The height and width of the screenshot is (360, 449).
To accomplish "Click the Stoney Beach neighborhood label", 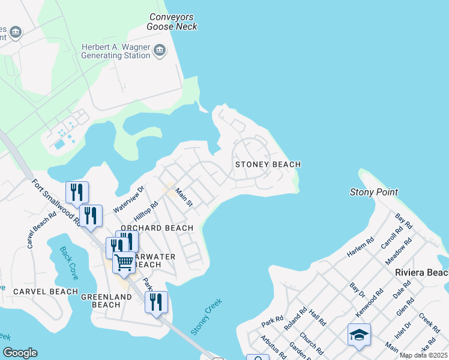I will coord(268,164).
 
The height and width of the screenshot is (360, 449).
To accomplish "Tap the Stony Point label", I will coord(374,192).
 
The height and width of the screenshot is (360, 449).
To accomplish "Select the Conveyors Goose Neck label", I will coord(172,22).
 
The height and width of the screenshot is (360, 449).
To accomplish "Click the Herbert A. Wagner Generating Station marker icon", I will coord(160,50).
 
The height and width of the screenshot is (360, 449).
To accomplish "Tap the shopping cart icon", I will coord(124,262).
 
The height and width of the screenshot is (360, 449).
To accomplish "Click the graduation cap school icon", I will coord(359,334).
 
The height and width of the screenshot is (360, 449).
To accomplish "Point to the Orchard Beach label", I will coord(157,228).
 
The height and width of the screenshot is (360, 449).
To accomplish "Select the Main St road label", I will coord(184,197).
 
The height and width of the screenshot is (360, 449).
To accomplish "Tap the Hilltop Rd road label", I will coord(145,213).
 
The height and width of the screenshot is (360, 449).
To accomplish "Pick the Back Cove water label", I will coord(69,259).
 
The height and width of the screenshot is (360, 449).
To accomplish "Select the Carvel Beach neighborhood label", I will coord(46,292).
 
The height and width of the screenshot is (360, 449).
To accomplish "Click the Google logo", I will coord(20,352).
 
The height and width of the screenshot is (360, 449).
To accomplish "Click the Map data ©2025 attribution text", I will coord(423,355).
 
